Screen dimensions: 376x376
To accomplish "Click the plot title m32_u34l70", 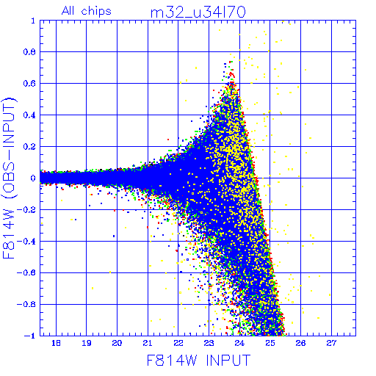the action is pos(198,12).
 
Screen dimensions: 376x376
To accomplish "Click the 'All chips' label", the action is pos(87,11).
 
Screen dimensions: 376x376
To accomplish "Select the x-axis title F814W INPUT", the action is pos(198,360).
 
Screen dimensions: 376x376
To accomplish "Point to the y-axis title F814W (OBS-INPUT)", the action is pos(9,178).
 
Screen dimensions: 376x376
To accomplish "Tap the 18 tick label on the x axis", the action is pos(56,343).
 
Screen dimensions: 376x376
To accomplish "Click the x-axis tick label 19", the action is pos(87,343).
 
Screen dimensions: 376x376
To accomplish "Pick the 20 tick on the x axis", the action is pos(117,343).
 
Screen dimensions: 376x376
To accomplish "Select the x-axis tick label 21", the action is pos(148,343).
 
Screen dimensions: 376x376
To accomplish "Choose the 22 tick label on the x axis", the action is pos(178,343).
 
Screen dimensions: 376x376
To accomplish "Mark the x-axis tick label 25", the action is pos(270,343).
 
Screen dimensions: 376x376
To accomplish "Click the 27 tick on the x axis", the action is pos(331,343).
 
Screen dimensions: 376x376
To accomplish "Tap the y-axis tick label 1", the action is pos(33,21).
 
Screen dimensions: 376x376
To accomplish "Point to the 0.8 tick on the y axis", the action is pos(29,52).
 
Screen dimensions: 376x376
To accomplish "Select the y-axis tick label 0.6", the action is pos(29,84).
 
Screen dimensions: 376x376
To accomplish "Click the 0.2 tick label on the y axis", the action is pos(29,147).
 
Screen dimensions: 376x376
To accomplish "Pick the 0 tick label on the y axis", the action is pos(33,178).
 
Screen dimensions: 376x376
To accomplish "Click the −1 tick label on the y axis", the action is pos(30,336).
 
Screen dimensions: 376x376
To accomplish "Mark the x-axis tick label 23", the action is pos(209,343).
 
